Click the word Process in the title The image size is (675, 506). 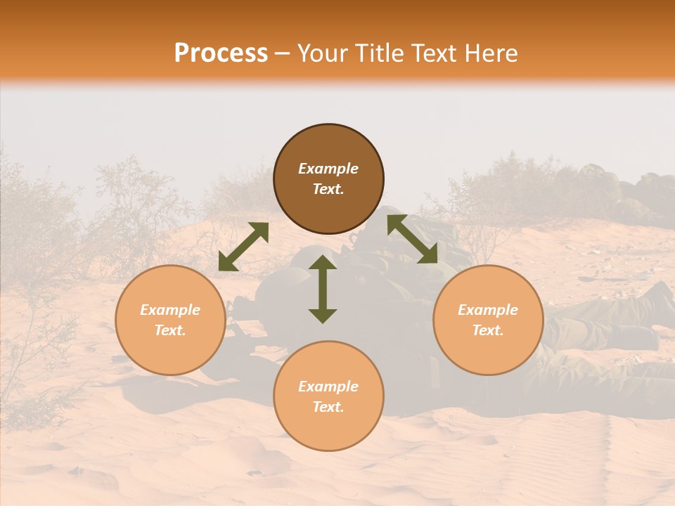pyautogui.click(x=221, y=53)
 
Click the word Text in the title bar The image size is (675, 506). pyautogui.click(x=434, y=53)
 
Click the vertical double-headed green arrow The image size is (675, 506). pyautogui.click(x=323, y=290)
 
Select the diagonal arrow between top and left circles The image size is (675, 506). pyautogui.click(x=243, y=247)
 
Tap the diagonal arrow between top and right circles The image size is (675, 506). pyautogui.click(x=412, y=239)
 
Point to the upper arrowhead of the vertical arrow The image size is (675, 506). pyautogui.click(x=323, y=262)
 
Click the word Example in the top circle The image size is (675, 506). pyautogui.click(x=328, y=169)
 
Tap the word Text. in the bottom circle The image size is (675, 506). pyautogui.click(x=328, y=407)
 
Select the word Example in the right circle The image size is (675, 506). pyautogui.click(x=488, y=310)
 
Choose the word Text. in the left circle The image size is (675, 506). pyautogui.click(x=170, y=330)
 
